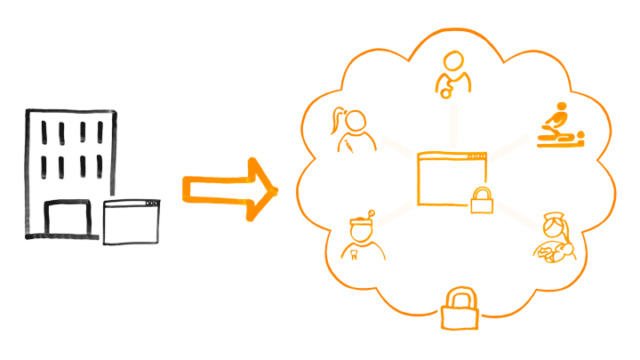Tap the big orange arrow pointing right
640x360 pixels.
click(x=229, y=188)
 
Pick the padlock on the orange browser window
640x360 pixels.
click(x=481, y=201)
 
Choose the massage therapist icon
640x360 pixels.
click(x=558, y=127)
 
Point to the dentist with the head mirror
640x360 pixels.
click(x=360, y=237)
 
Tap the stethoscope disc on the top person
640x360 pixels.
click(x=442, y=92)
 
